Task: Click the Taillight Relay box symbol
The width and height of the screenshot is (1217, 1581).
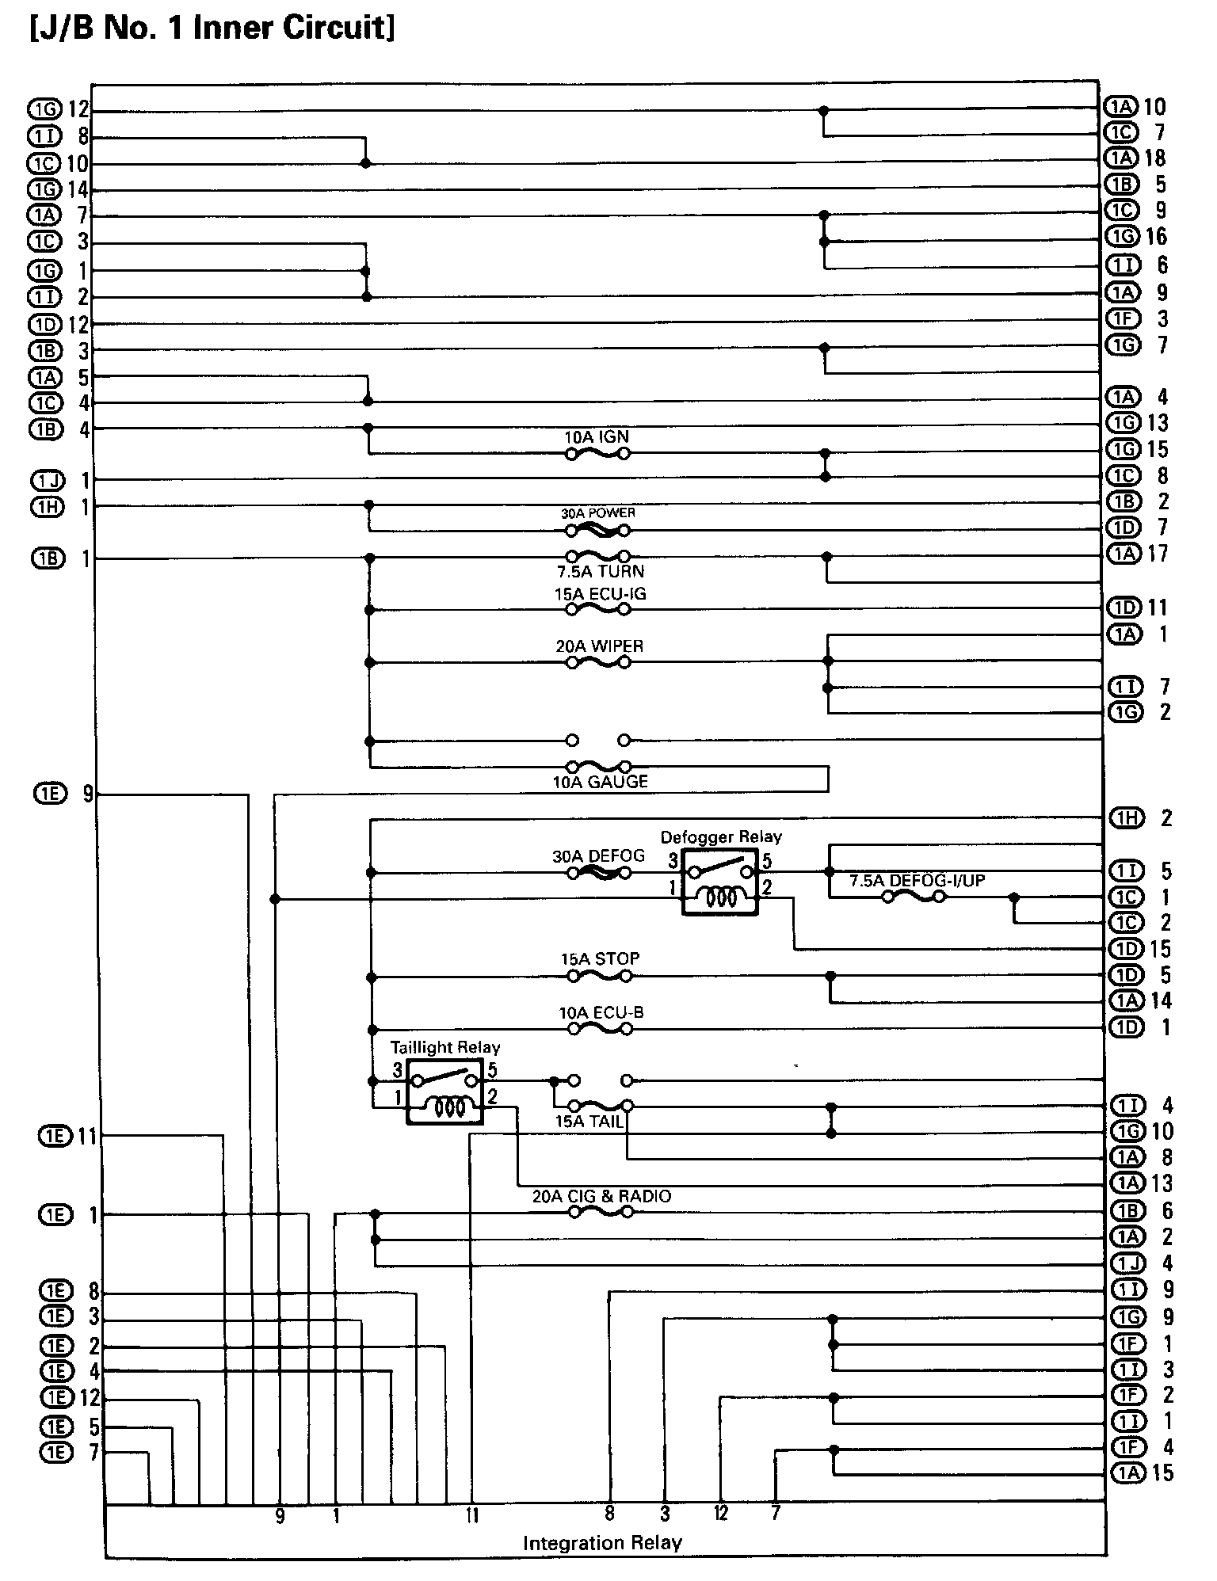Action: [444, 1091]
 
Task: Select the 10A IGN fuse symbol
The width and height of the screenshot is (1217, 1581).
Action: [597, 454]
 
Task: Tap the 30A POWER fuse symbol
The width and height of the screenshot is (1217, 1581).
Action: [597, 531]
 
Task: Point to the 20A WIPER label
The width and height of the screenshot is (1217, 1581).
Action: [599, 646]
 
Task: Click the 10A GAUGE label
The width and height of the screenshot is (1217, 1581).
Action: [601, 782]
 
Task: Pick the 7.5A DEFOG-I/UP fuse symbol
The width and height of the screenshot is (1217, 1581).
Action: [914, 897]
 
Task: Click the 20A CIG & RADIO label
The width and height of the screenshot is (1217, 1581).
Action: [601, 1196]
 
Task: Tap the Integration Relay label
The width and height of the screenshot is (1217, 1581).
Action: [602, 1543]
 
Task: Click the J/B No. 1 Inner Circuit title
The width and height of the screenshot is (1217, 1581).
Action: [212, 29]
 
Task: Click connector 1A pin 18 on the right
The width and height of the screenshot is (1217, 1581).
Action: [1135, 158]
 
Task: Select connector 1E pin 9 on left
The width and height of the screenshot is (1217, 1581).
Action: [63, 793]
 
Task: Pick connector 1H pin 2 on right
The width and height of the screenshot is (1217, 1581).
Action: [1140, 818]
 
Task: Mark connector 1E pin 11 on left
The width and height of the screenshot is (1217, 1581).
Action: [67, 1137]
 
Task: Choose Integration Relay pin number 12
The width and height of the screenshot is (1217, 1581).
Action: [721, 1514]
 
